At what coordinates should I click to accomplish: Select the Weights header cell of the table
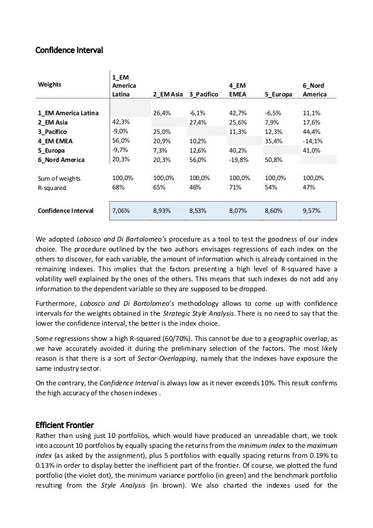[x=50, y=85]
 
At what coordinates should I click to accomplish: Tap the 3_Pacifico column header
[x=203, y=94]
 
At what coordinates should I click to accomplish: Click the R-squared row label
[x=51, y=188]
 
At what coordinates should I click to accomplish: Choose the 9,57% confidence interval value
[x=312, y=210]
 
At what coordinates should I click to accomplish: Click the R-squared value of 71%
[x=235, y=188]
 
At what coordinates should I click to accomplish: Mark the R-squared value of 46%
[x=196, y=188]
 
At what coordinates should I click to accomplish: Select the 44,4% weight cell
[x=312, y=131]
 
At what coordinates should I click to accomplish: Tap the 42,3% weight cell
[x=120, y=122]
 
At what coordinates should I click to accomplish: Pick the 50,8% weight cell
[x=274, y=160]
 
